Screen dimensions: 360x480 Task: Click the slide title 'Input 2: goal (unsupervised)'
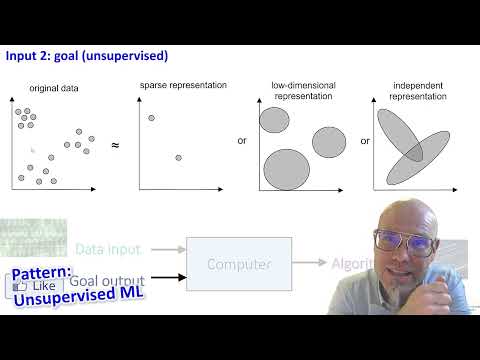tap(87, 56)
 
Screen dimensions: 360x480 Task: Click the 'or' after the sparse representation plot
tap(241, 141)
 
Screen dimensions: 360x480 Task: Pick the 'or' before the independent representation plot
tap(365, 141)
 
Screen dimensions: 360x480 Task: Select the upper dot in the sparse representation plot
tap(151, 119)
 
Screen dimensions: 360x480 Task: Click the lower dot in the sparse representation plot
tap(178, 157)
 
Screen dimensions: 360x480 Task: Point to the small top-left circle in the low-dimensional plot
tap(274, 120)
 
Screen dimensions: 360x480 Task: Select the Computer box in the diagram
tap(239, 264)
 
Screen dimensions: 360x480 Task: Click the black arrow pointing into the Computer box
tap(165, 281)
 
